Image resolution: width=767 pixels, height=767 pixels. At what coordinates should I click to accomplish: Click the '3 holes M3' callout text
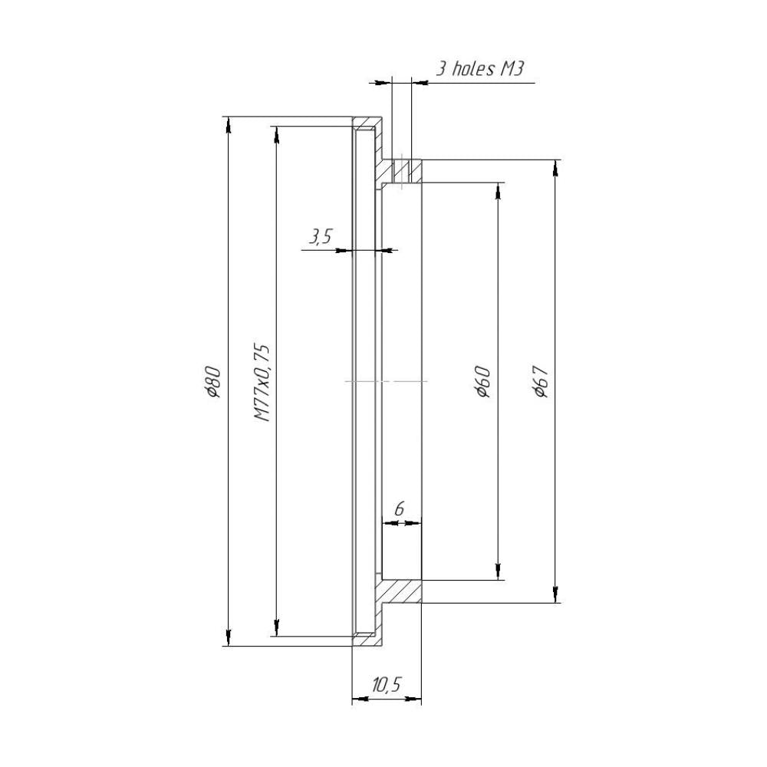tap(479, 69)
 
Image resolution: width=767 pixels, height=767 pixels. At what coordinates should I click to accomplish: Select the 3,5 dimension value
tap(319, 237)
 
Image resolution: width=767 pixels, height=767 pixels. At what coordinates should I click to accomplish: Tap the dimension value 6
tap(399, 509)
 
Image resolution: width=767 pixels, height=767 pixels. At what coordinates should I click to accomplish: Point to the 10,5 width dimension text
tap(387, 685)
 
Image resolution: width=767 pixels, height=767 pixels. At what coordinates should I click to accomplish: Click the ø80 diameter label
tap(214, 381)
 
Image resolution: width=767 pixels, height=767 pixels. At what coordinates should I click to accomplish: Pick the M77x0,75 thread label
tap(262, 381)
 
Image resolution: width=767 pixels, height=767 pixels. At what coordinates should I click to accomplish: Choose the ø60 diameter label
tap(482, 381)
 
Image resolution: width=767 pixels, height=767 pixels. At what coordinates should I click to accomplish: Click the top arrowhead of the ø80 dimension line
tap(228, 123)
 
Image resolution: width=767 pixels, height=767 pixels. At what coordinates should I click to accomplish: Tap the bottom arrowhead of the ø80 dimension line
tap(228, 638)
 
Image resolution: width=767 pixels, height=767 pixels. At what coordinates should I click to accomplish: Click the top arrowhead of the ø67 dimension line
tap(555, 167)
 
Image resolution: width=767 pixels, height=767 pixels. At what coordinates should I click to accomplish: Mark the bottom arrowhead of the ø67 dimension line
tap(555, 595)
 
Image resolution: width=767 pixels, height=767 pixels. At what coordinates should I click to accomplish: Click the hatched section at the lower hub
tap(400, 591)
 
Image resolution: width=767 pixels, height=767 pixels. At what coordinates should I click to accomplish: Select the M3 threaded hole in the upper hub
tap(401, 171)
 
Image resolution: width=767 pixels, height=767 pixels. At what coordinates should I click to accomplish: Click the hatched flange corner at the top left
tap(368, 122)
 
